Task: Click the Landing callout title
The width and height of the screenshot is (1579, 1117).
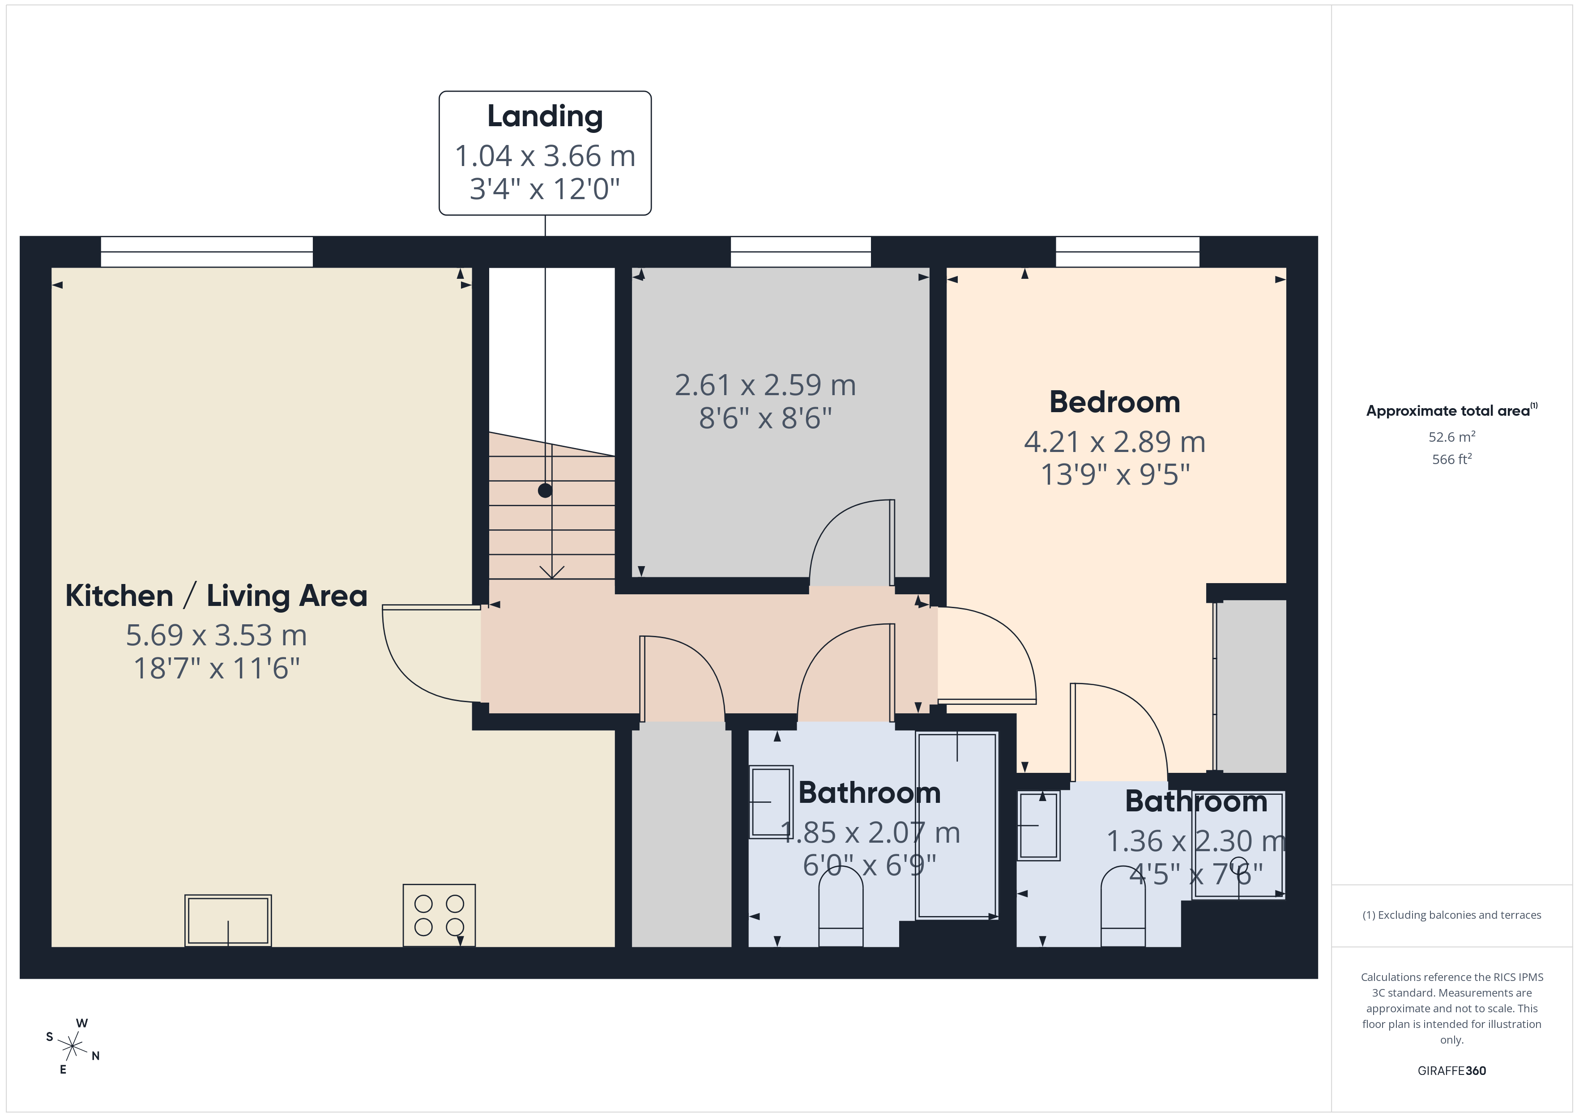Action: tap(545, 116)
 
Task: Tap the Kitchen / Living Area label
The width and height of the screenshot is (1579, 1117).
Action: tap(216, 596)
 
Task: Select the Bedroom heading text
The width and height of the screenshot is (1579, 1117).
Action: tap(1115, 402)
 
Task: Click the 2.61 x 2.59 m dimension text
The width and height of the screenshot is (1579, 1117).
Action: tap(765, 385)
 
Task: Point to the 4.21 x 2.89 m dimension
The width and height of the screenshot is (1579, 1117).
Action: tap(1115, 442)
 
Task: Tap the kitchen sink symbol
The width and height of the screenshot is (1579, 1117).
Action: tap(228, 920)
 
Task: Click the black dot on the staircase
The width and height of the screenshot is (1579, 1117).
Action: tap(545, 490)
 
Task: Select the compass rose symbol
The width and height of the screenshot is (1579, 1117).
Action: tap(72, 1047)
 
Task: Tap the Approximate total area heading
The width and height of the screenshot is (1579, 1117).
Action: tap(1451, 411)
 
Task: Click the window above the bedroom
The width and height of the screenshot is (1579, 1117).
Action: tap(1127, 252)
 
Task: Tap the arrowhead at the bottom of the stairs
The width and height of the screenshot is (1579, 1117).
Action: tap(551, 572)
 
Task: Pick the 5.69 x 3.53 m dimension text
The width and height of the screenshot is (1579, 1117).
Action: tap(216, 635)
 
